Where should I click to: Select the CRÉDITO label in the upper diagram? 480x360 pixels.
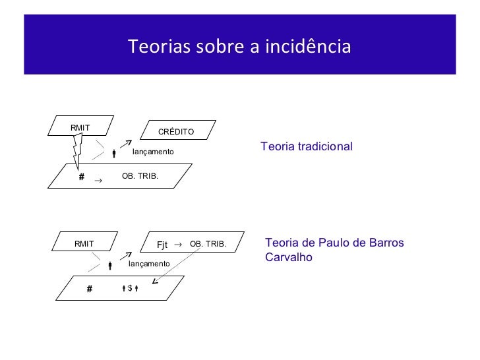tap(176, 132)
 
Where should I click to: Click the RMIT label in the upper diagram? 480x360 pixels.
tap(80, 127)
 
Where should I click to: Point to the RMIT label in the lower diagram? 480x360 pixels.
tap(84, 244)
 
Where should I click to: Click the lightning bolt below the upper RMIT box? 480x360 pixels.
tap(76, 150)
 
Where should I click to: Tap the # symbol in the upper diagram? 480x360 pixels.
tap(82, 177)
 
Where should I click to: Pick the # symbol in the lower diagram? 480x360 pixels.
tap(90, 288)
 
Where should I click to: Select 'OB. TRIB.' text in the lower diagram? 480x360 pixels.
tap(208, 244)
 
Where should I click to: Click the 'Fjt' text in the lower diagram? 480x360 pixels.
tap(163, 245)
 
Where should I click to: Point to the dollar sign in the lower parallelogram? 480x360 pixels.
tap(130, 287)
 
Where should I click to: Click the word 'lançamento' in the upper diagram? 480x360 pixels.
tap(153, 152)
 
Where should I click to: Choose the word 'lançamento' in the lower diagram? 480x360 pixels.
tap(149, 263)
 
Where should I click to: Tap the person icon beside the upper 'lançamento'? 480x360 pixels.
tap(114, 154)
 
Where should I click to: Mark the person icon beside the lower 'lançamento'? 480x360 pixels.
tap(110, 266)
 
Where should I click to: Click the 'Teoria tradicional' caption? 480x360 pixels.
tap(307, 146)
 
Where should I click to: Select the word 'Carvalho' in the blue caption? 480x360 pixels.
tap(288, 257)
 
